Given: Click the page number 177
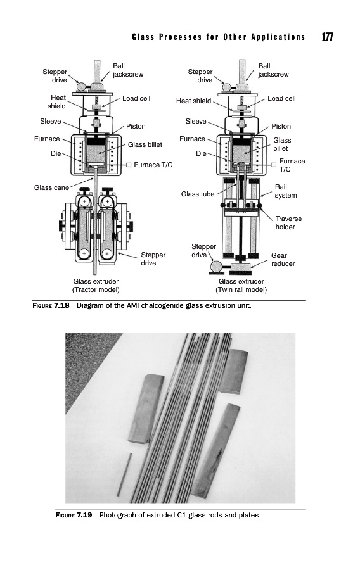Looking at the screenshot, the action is [x=327, y=37].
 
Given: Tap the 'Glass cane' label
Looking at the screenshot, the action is [x=51, y=187].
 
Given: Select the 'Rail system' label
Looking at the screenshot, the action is [x=285, y=191].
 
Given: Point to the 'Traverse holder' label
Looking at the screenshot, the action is [x=288, y=222].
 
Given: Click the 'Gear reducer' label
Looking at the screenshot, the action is [x=283, y=260].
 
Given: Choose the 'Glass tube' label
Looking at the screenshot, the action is [x=198, y=194].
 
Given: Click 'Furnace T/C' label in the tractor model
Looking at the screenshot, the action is [x=153, y=165].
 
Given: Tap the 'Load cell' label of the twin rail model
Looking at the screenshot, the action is [x=281, y=99].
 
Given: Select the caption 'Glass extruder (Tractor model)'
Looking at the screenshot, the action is [x=96, y=286].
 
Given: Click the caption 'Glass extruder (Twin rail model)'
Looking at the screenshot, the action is [x=241, y=286].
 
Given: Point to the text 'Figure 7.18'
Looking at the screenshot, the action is [x=51, y=305].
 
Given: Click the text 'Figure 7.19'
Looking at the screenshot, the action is [x=74, y=515].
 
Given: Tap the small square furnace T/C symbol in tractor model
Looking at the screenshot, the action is [x=129, y=165].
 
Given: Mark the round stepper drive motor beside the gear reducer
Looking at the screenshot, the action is [x=215, y=267].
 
